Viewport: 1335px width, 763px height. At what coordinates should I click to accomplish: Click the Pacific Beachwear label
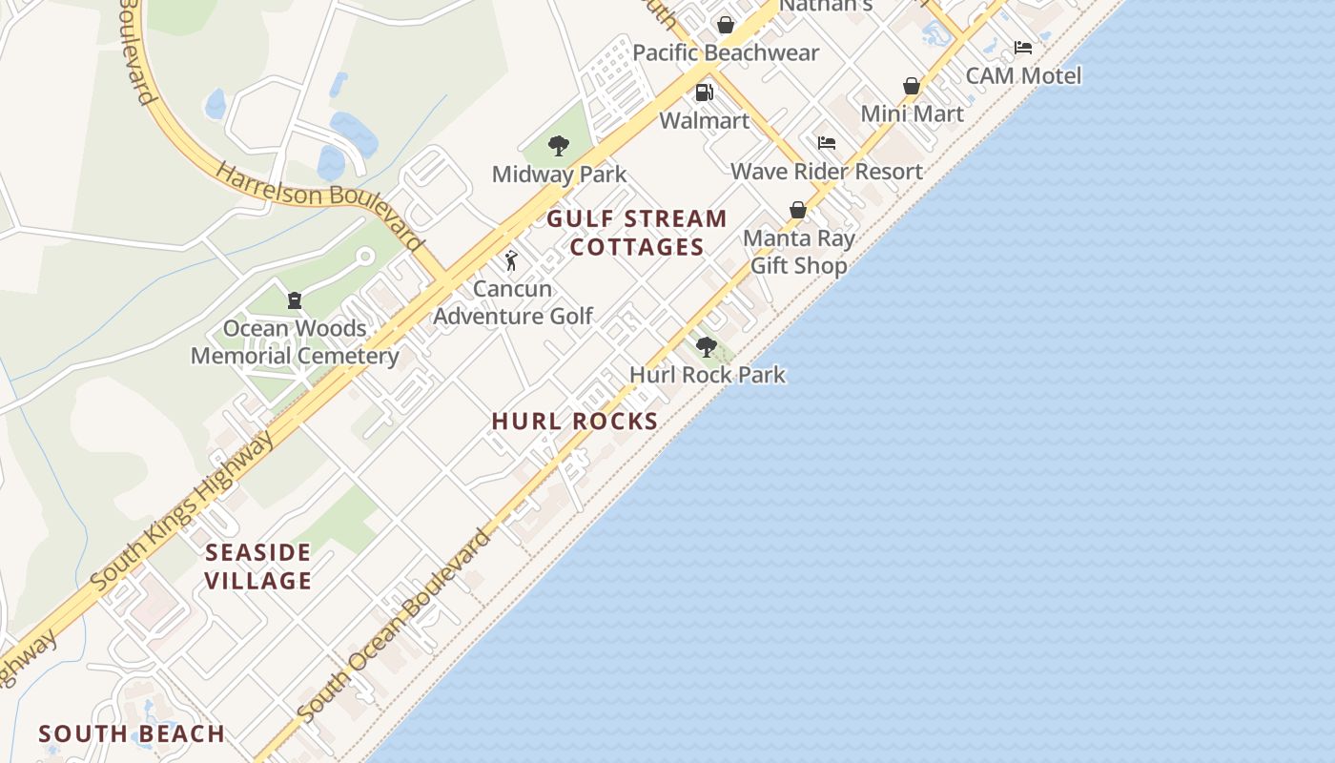pyautogui.click(x=726, y=52)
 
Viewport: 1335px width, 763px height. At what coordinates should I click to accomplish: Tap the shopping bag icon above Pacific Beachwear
pyautogui.click(x=726, y=25)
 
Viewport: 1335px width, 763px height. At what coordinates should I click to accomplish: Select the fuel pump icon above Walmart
pyautogui.click(x=704, y=93)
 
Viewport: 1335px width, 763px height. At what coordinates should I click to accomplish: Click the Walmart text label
pyautogui.click(x=705, y=121)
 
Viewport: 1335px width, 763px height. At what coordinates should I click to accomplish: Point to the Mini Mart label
pyautogui.click(x=912, y=113)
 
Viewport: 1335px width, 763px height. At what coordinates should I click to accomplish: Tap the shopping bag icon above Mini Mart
pyautogui.click(x=912, y=86)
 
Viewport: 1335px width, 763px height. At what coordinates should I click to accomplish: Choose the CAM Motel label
pyautogui.click(x=1023, y=75)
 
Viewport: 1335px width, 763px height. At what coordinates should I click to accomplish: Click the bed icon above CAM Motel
pyautogui.click(x=1023, y=48)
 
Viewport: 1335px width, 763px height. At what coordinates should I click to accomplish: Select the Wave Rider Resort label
pyautogui.click(x=827, y=171)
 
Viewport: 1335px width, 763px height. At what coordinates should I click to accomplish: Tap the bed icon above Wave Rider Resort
pyautogui.click(x=827, y=143)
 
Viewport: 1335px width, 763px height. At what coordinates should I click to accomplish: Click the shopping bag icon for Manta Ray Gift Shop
pyautogui.click(x=798, y=210)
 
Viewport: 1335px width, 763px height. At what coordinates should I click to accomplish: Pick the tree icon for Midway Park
pyautogui.click(x=559, y=146)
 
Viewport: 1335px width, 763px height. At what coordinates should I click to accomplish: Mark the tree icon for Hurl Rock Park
pyautogui.click(x=707, y=346)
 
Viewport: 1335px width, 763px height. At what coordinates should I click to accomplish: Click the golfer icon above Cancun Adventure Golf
pyautogui.click(x=512, y=260)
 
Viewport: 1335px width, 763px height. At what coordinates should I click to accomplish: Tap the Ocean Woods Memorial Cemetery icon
pyautogui.click(x=295, y=300)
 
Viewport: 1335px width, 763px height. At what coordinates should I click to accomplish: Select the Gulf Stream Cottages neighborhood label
pyautogui.click(x=637, y=233)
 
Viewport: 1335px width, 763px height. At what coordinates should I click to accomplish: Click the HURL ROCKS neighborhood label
pyautogui.click(x=575, y=421)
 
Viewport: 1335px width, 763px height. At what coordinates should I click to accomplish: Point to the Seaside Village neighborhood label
pyautogui.click(x=258, y=567)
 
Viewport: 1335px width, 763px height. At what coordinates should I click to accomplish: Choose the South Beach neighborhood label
pyautogui.click(x=132, y=733)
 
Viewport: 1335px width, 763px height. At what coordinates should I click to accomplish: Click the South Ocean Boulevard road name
pyautogui.click(x=395, y=626)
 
